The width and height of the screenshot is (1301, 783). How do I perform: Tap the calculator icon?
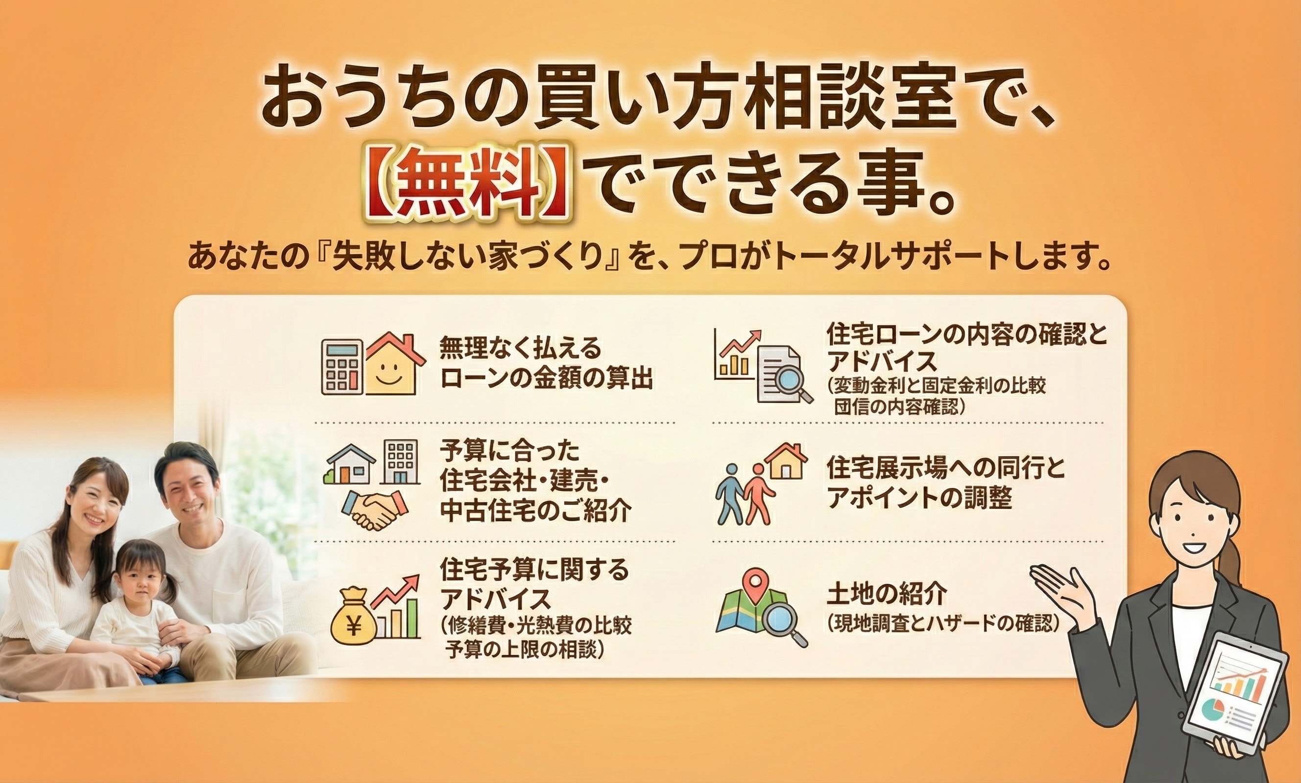coord(342,367)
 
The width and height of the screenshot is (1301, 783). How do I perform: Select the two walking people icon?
coord(745,493)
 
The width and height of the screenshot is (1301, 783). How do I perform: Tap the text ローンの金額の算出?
coord(547,378)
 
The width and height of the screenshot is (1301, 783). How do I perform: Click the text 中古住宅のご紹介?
coord(536,510)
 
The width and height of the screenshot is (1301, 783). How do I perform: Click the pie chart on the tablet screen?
coord(1213,710)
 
